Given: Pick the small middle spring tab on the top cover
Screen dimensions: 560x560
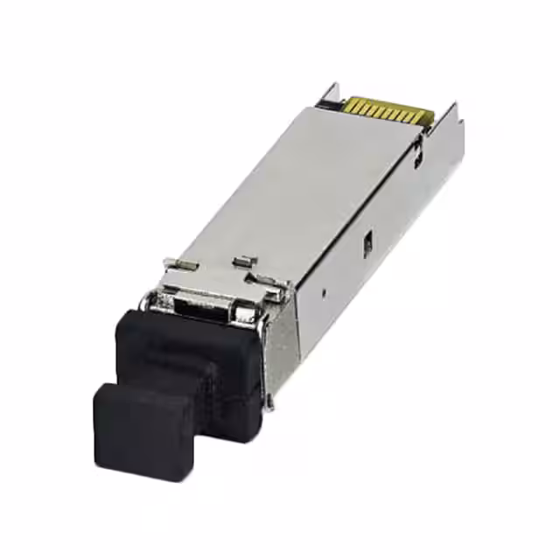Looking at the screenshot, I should click(x=243, y=261).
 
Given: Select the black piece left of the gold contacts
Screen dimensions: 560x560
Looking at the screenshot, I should click(x=331, y=105).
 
